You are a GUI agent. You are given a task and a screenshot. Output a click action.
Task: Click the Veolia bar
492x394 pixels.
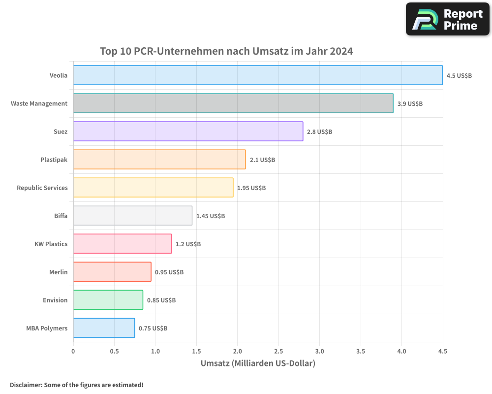pos(258,75)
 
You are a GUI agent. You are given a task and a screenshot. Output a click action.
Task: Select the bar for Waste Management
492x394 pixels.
pos(233,103)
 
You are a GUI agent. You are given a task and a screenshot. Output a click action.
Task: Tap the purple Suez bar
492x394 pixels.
pos(188,131)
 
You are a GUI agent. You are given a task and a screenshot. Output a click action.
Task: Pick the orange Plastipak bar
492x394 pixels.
pos(159,160)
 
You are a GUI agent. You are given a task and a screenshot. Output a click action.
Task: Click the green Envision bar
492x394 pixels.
pos(108,300)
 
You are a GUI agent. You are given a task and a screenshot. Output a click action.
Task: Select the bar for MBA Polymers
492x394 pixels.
pos(104,328)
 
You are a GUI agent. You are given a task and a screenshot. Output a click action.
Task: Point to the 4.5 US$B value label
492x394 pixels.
pos(459,76)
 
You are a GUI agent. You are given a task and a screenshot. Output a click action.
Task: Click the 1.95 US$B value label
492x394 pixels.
pos(251,188)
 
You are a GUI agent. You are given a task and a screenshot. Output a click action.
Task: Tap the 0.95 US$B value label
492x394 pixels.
pos(169,272)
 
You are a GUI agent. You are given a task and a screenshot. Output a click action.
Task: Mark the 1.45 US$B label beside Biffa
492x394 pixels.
pos(211,216)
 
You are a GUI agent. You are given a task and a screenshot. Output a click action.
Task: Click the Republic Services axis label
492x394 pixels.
pos(42,188)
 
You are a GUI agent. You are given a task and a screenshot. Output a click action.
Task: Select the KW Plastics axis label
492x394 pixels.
pos(51,244)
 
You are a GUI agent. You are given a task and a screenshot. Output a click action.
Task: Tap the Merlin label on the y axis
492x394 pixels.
pos(58,272)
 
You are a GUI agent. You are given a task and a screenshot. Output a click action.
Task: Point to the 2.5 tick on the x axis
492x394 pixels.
pos(278,352)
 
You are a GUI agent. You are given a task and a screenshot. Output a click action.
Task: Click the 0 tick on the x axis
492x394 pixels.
pos(73,352)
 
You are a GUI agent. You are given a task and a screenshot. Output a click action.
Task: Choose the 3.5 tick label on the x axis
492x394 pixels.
pos(361,352)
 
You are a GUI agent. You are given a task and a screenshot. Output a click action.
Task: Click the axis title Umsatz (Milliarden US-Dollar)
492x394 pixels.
pos(258,363)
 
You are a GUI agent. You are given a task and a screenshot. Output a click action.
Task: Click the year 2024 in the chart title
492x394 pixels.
pos(341,51)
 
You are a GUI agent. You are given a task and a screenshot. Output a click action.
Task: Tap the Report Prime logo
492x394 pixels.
pos(448,20)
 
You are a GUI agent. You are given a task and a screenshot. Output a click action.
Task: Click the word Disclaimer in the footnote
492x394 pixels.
pos(26,385)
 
